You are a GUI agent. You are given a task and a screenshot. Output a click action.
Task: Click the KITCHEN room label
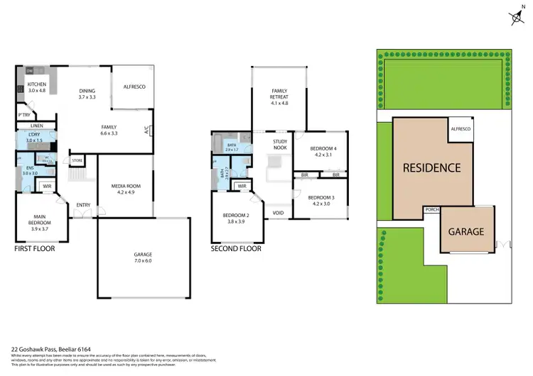(x=36, y=84)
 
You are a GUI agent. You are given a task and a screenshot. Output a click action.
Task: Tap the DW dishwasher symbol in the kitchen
(x=30, y=72)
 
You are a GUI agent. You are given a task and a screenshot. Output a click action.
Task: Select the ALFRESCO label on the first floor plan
(x=134, y=87)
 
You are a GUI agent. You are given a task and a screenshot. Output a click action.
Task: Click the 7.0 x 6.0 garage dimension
(x=144, y=261)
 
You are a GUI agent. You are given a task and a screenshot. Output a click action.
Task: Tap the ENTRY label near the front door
(x=83, y=206)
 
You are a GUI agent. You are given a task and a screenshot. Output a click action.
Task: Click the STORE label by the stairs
(x=77, y=160)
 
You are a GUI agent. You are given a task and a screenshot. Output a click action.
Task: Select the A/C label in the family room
(x=147, y=131)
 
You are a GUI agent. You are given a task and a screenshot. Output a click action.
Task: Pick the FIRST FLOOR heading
(x=35, y=249)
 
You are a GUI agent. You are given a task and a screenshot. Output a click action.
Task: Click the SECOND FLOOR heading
(x=235, y=249)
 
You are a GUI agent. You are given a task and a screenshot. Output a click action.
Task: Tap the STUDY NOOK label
(x=279, y=144)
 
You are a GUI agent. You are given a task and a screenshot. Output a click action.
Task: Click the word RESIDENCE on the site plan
(x=432, y=168)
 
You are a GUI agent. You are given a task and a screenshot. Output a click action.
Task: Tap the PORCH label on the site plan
(x=431, y=209)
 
